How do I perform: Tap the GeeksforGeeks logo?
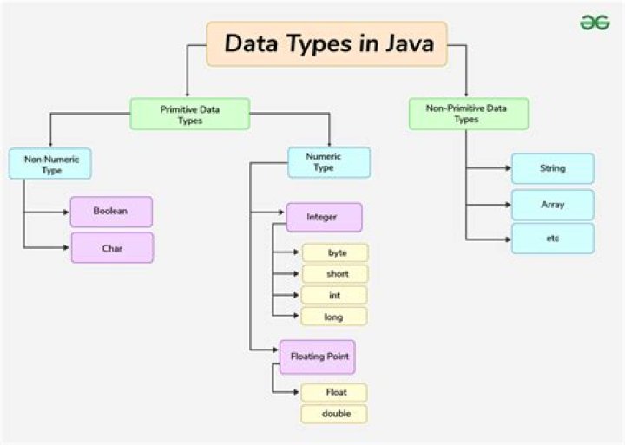595,23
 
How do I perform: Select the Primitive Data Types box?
190,115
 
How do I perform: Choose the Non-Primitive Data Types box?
467,114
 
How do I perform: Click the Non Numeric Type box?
49,163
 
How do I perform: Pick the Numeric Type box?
329,162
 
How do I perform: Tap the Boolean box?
111,212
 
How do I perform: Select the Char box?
111,248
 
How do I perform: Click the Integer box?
324,217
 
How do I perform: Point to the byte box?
335,252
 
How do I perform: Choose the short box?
335,274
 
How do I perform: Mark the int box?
335,295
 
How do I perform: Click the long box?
335,317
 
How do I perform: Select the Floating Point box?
318,357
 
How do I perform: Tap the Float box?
335,393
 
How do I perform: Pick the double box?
335,414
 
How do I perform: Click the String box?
552,168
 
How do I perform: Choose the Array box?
552,205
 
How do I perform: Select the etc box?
552,238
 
